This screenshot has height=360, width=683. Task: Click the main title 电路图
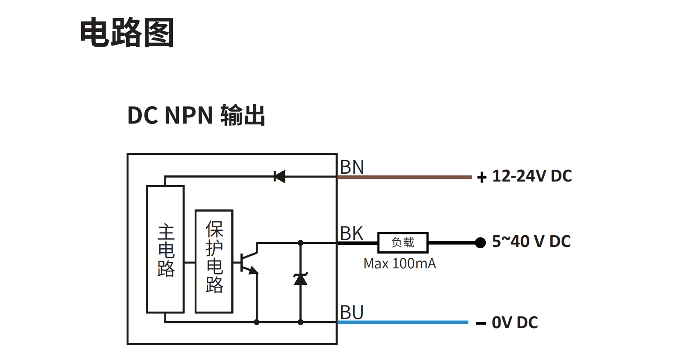[x=127, y=33]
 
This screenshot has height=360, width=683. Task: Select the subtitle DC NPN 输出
[x=196, y=116]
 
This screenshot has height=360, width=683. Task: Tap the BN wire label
[x=352, y=167]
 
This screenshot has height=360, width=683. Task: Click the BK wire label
[x=352, y=233]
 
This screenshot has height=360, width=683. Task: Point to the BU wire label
[x=352, y=313]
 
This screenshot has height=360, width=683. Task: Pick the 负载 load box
[x=402, y=242]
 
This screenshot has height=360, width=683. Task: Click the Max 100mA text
[x=399, y=264]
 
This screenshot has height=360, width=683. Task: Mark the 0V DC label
[x=515, y=322]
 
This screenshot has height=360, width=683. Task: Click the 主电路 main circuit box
[x=165, y=249]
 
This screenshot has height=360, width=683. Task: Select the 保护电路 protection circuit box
[x=214, y=261]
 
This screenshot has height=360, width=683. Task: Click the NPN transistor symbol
[x=249, y=262]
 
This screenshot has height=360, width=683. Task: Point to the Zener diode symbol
[x=300, y=279]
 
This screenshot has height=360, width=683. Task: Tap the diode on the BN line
[x=279, y=177]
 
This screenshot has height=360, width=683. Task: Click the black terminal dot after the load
[x=480, y=242]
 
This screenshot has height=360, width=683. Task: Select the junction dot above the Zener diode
[x=300, y=242]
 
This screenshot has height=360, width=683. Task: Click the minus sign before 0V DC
[x=481, y=323]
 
